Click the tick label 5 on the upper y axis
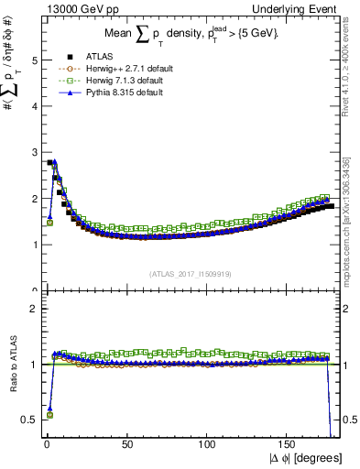34,60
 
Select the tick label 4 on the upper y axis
34,106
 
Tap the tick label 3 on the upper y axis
34,153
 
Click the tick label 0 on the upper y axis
34,290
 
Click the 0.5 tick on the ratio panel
29,420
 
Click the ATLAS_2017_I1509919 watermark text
191,273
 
